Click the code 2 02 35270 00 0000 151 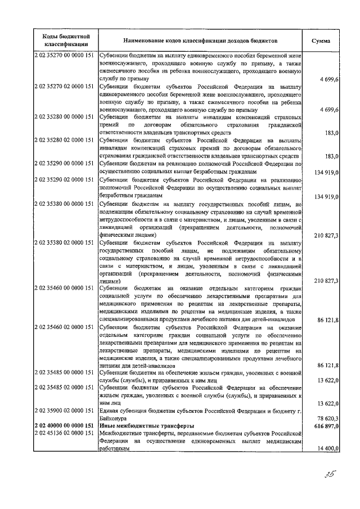(x=65, y=56)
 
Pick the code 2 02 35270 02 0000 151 (x=65, y=88)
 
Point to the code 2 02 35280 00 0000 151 (x=65, y=117)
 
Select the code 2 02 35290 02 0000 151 (x=65, y=179)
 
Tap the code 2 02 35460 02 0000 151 (x=65, y=326)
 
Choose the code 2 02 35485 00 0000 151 (x=65, y=372)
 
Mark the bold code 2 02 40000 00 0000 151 (x=65, y=426)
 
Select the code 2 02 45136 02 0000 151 (x=65, y=434)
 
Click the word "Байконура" (x=115, y=419)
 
